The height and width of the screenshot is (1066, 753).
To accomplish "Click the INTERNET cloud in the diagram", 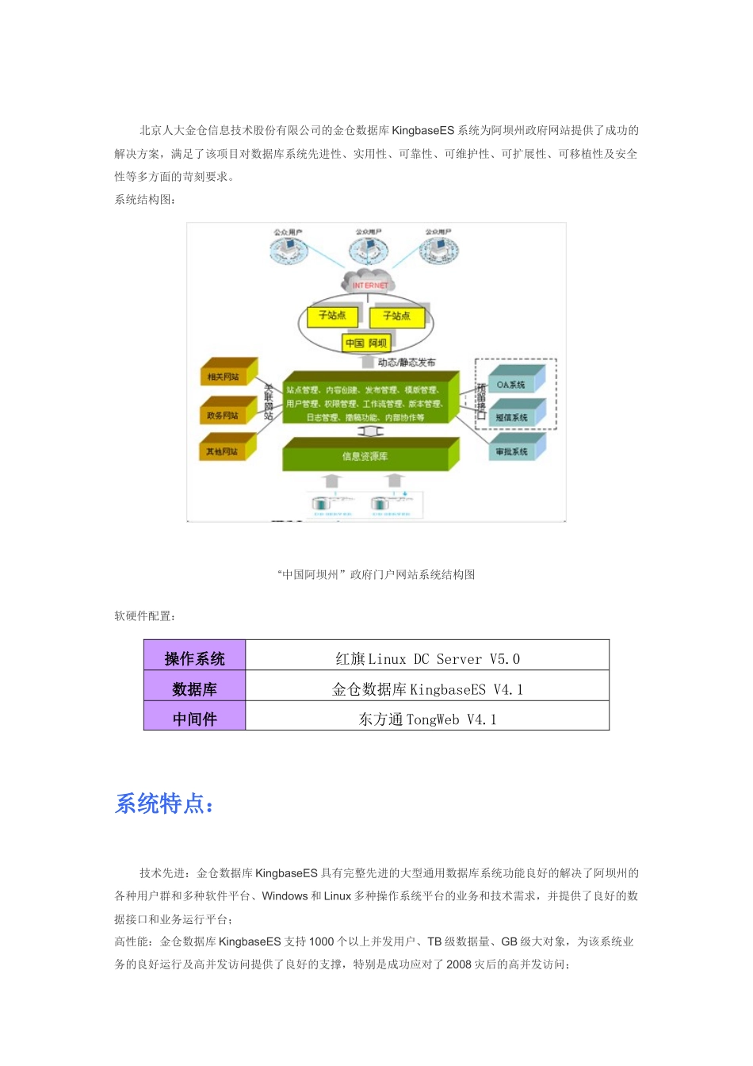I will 369,283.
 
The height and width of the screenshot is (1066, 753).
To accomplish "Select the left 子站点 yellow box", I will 332,316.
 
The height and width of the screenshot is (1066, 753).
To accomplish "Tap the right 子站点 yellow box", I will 396,316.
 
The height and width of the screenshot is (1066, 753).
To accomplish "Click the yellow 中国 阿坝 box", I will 366,343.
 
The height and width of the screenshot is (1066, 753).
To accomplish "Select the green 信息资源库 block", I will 365,456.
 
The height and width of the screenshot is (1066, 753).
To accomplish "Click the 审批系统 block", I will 513,451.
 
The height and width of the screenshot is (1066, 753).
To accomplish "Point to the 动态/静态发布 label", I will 407,362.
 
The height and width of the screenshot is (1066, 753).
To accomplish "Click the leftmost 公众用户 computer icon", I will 289,251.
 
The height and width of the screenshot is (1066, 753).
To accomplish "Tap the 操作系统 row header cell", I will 195,658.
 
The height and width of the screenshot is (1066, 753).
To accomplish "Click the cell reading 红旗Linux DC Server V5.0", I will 427,658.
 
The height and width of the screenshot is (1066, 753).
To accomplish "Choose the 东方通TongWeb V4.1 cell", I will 427,719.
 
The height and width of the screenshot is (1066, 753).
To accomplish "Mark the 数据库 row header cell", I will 195,688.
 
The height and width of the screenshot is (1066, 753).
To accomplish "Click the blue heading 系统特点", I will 164,803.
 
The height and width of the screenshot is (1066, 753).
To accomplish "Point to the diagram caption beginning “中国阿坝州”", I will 376,574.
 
